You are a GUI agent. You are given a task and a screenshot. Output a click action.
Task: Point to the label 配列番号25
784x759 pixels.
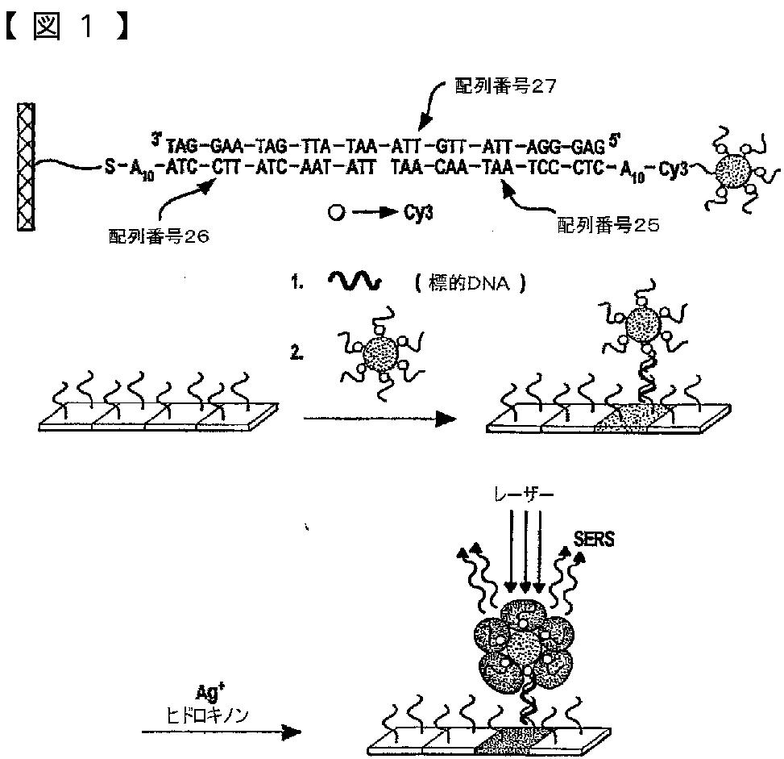point(608,225)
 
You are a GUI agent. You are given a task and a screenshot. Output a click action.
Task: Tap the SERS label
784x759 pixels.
point(594,540)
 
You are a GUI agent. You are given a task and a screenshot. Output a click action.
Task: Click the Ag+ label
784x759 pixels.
point(208,692)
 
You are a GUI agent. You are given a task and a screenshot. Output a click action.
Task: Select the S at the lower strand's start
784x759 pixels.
point(109,169)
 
